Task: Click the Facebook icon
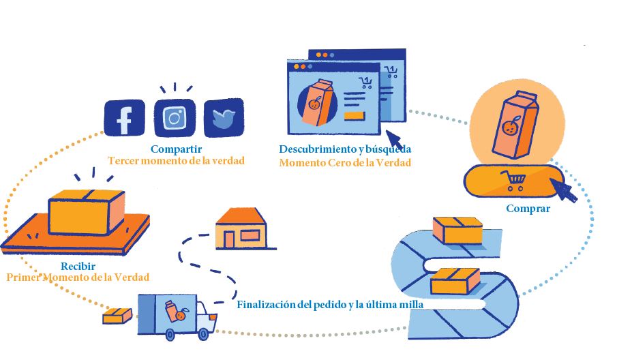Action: pos(124,117)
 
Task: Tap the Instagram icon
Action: pos(175,118)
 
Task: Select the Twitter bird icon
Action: pos(224,118)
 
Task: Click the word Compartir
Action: pos(176,149)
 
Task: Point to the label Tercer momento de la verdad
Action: pos(176,161)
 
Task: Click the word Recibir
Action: pos(78,266)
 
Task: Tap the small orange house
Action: pos(241,228)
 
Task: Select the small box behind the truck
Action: pos(117,316)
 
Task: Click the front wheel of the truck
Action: pos(204,334)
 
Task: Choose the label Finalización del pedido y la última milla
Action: pos(330,305)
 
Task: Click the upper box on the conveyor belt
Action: pos(457,230)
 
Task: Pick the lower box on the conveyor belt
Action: pos(454,280)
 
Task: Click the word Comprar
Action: pos(528,209)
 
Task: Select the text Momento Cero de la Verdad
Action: pos(345,163)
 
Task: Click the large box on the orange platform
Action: pos(87,211)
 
